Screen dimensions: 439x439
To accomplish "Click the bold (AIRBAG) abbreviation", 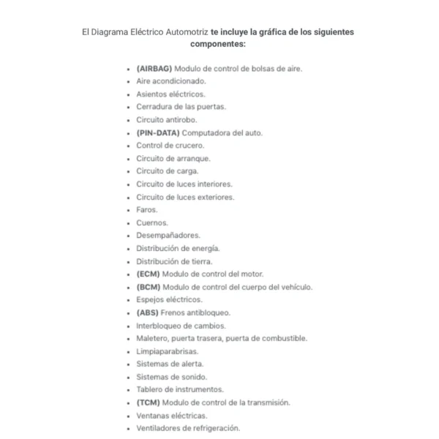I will [x=153, y=69].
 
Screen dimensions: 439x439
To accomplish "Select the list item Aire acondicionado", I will [x=170, y=81].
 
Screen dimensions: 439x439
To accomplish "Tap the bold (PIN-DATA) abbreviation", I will [x=157, y=133].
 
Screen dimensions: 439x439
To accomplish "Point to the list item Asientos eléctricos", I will [x=170, y=94].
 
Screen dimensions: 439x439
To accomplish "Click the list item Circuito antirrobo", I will [x=166, y=120].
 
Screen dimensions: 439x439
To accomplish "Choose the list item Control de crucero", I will [x=170, y=146].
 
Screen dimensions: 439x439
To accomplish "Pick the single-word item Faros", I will [x=146, y=210].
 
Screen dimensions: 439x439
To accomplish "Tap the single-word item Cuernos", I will [x=151, y=222].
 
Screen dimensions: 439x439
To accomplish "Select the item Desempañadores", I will [x=168, y=236].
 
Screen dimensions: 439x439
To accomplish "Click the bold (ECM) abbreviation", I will [x=149, y=274].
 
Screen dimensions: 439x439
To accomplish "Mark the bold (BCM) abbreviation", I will [x=149, y=287].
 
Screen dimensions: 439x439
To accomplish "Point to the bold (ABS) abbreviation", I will [x=148, y=312].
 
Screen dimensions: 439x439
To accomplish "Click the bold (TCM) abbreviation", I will [x=149, y=402].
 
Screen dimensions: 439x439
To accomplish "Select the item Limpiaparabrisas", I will [x=167, y=351].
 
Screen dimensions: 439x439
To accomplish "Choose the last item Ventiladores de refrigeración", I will [x=187, y=428].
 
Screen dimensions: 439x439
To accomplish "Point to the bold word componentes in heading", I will [x=217, y=45].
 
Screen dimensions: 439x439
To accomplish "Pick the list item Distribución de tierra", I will [x=174, y=261].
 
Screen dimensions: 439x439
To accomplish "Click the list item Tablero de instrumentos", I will [x=179, y=390].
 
